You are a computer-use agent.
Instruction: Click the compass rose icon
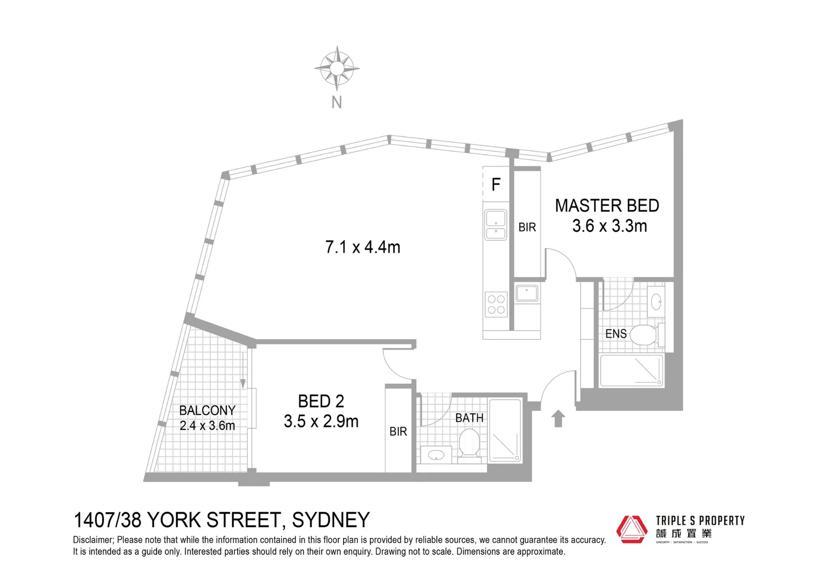pos(336,68)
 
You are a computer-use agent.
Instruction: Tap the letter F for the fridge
pos(496,185)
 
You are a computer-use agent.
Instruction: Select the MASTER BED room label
pos(607,206)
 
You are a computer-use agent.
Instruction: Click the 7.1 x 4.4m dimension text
pos(362,247)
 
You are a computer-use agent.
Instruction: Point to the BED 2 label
pos(321,401)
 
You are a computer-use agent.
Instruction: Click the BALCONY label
pos(207,410)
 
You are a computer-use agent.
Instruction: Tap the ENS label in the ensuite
pos(616,334)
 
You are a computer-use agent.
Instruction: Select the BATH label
pos(469,418)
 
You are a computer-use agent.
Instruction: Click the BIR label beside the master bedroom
pos(527,227)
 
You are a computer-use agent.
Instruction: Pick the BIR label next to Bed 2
pos(398,431)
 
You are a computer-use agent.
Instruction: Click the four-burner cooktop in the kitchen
pos(496,305)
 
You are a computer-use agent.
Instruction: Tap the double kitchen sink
pos(496,225)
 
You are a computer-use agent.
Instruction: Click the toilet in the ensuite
pos(645,335)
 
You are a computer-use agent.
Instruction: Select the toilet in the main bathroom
pos(469,445)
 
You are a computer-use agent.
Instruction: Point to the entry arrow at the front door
pos(558,419)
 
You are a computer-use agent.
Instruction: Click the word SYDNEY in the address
pos(330,520)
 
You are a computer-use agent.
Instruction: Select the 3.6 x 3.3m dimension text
pos(609,226)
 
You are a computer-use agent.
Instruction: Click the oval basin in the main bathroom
pos(436,455)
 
